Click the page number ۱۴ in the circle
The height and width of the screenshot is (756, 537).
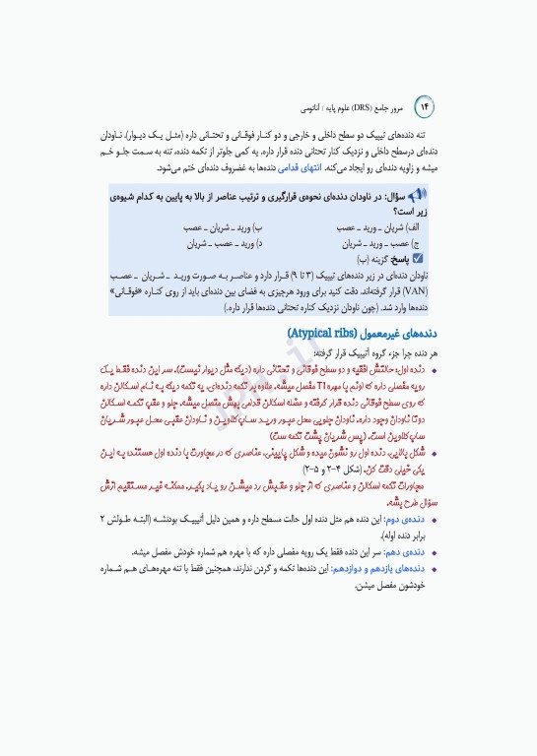click(428, 104)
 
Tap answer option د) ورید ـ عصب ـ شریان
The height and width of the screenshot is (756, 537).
click(226, 242)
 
